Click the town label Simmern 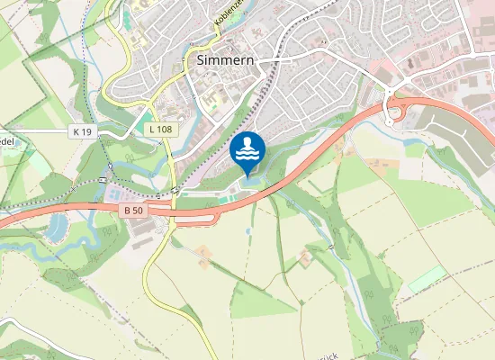[224, 60]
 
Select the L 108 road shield [159, 130]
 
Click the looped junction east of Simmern [394, 111]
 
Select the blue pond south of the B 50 [58, 224]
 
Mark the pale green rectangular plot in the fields [427, 278]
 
